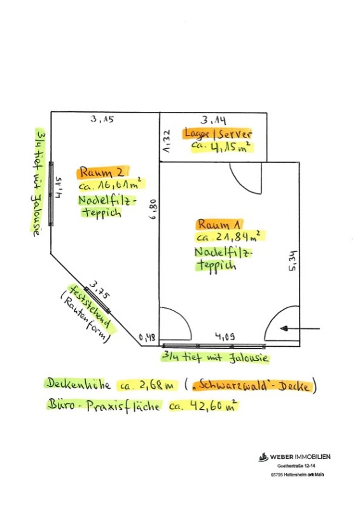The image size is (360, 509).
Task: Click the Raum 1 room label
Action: (x=219, y=225)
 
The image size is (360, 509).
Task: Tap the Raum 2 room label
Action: (x=102, y=172)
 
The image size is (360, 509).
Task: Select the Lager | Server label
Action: (x=218, y=134)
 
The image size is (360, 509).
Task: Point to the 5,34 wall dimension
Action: (x=293, y=260)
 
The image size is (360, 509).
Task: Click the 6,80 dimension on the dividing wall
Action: (x=153, y=209)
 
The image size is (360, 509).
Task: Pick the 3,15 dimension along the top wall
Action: (x=102, y=119)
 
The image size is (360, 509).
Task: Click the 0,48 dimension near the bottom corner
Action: (x=147, y=338)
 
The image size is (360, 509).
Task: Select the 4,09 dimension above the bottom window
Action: (x=225, y=337)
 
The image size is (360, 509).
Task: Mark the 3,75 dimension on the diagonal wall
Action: (x=100, y=290)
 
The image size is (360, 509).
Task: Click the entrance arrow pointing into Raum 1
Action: (x=300, y=328)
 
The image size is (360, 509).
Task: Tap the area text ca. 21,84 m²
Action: (x=230, y=237)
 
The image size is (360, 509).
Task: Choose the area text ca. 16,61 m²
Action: (x=111, y=185)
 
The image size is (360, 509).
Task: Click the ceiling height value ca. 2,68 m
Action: (x=148, y=386)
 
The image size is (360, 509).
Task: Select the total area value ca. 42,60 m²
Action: (x=203, y=406)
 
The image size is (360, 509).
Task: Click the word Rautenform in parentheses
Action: (x=85, y=319)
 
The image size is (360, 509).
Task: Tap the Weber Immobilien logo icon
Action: (x=263, y=457)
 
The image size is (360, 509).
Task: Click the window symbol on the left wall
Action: (x=51, y=194)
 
